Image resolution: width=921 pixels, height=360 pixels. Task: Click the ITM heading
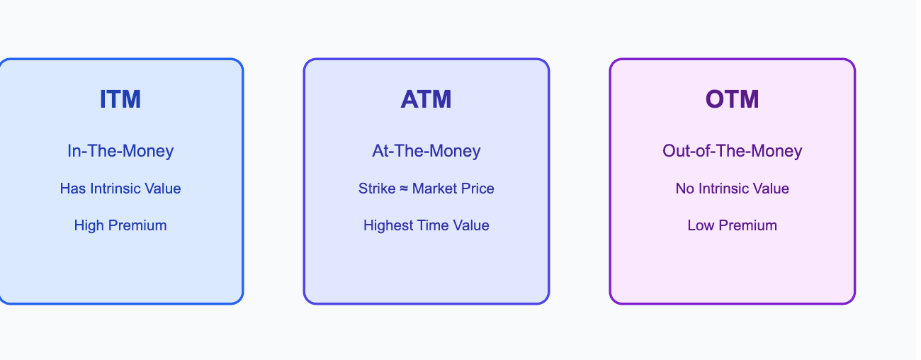coord(120,99)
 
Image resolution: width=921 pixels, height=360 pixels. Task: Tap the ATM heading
coord(426,99)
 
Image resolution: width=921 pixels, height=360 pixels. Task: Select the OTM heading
coord(732,99)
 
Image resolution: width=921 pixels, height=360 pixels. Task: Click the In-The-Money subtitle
coord(120,150)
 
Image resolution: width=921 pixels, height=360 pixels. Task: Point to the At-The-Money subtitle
coord(426,150)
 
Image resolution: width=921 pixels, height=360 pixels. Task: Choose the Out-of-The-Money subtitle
coord(732,150)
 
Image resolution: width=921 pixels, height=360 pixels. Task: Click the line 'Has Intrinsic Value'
coord(120,189)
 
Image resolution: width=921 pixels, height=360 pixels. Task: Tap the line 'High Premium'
coord(120,225)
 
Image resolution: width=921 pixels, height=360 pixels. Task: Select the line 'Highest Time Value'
coord(426,225)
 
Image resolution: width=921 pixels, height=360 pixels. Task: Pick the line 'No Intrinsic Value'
coord(732,189)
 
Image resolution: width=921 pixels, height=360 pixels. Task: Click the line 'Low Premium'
coord(732,225)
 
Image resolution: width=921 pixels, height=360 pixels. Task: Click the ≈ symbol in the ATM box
coord(402,189)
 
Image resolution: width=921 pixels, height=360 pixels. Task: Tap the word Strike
coord(375,189)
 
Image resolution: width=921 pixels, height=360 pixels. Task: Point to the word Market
coord(434,189)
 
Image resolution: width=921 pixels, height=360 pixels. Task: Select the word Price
coord(478,189)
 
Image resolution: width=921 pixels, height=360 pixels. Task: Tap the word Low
coord(700,225)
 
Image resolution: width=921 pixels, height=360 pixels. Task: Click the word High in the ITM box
coord(89,225)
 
